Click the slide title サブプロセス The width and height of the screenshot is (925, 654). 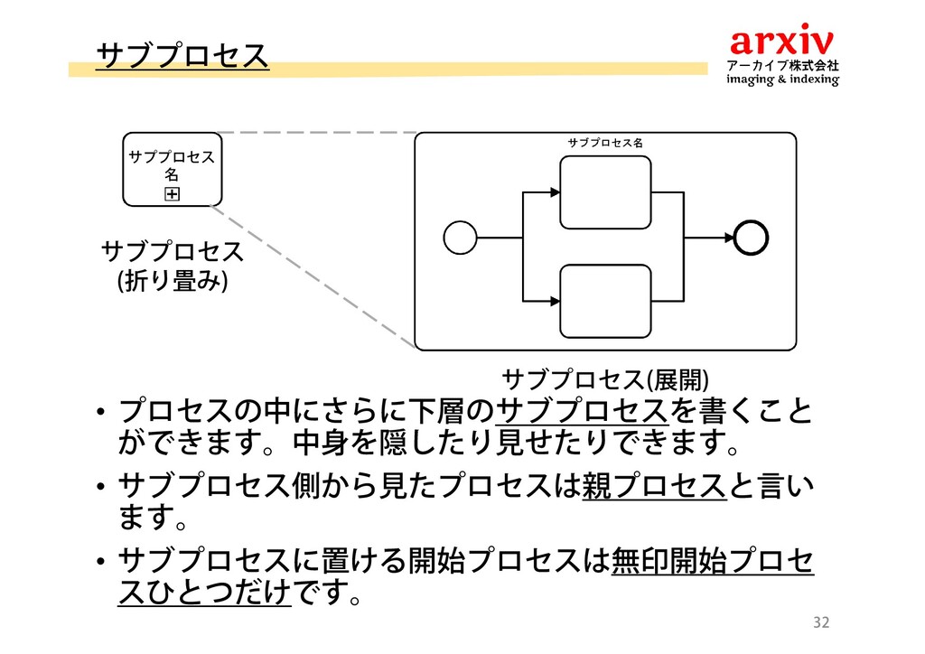click(x=182, y=53)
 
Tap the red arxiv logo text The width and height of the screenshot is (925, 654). click(x=782, y=41)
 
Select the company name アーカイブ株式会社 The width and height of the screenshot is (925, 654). click(x=783, y=65)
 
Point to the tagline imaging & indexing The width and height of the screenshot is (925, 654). click(x=783, y=79)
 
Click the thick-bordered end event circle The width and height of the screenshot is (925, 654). click(x=751, y=238)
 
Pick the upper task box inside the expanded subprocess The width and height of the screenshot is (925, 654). click(x=605, y=192)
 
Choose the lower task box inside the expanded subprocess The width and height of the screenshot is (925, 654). click(x=605, y=301)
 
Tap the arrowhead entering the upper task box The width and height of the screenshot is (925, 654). click(x=554, y=192)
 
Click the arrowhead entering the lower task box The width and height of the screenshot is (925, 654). click(x=554, y=301)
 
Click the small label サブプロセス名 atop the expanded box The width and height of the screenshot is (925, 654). click(x=604, y=143)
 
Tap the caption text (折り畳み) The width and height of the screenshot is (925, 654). click(x=171, y=283)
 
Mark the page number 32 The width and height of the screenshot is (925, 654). click(x=821, y=622)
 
